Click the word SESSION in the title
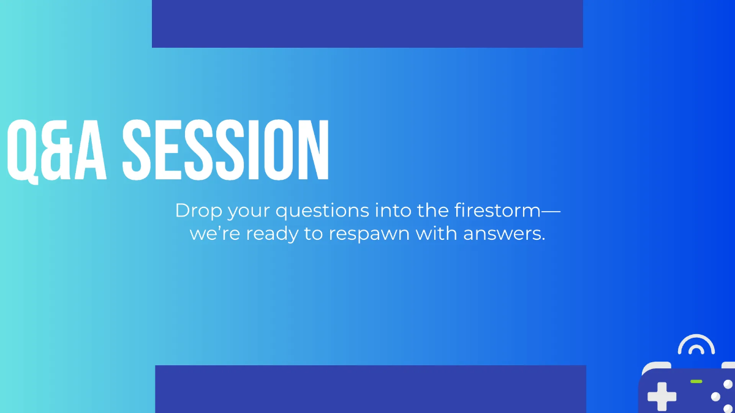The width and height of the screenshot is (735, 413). [x=226, y=150]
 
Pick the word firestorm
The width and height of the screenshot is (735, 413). [x=498, y=210]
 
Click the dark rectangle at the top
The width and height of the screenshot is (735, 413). [x=367, y=23]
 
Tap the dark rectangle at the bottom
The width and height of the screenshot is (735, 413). [x=371, y=389]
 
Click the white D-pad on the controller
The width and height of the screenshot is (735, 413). [x=662, y=396]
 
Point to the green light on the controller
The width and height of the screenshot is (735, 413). [x=696, y=381]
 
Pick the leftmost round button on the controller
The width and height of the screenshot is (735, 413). [x=715, y=397]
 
